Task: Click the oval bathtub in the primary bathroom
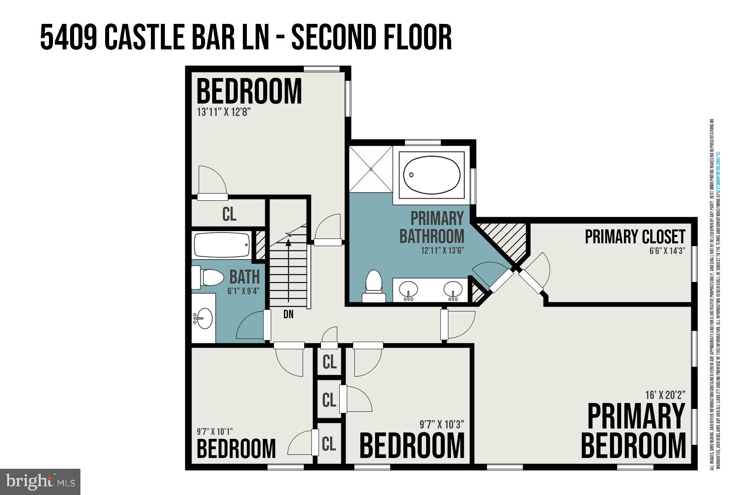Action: pos(432,175)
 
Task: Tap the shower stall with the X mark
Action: pos(371,169)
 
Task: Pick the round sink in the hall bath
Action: pos(204,318)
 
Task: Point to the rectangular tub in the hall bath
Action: pos(222,245)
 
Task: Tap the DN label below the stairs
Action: pos(288,314)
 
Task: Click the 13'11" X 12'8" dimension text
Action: pos(224,112)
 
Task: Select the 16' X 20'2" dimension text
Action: pos(665,395)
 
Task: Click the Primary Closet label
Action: pos(635,237)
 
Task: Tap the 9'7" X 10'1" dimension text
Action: pos(215,431)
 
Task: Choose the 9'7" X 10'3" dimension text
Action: pos(442,425)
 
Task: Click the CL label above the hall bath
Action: pos(229,214)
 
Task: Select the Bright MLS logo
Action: pos(40,482)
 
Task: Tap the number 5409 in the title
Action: pos(68,37)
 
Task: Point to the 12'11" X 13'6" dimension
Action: pos(442,251)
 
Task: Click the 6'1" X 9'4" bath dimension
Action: pos(243,291)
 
